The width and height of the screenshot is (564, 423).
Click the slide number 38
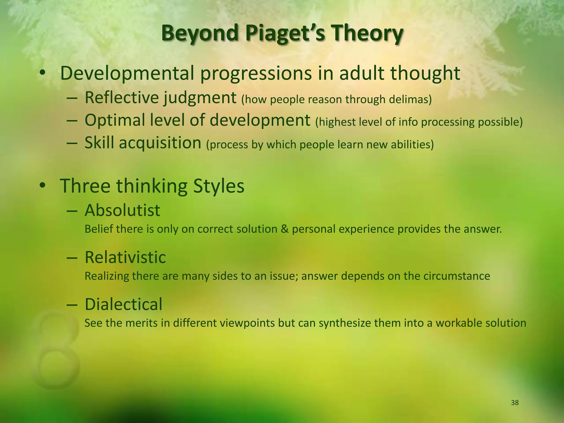[x=515, y=403]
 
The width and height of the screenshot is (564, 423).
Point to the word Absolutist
[x=122, y=210]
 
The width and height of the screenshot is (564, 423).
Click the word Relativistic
[x=125, y=257]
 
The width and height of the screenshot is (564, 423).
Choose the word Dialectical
[x=123, y=304]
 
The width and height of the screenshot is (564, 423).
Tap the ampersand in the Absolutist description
[x=284, y=229]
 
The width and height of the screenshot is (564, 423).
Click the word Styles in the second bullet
[x=219, y=186]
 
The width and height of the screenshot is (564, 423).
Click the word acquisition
[x=160, y=143]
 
